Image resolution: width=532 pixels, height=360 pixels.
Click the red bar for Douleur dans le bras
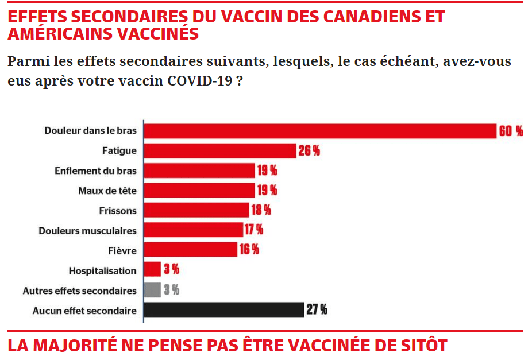coord(319,131)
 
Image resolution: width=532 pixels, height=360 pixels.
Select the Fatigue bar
coord(219,150)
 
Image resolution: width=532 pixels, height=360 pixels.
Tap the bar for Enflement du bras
coord(199,171)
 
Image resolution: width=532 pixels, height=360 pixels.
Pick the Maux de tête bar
coord(199,190)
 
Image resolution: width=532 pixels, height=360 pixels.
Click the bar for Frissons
coord(196,210)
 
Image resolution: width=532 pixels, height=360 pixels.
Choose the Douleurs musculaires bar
coord(193,230)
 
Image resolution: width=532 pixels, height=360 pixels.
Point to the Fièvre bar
coord(190,250)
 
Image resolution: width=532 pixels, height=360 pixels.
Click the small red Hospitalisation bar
coord(152,270)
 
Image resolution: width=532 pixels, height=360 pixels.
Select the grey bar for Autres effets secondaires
coord(152,290)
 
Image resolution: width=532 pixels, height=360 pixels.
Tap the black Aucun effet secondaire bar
coord(223,310)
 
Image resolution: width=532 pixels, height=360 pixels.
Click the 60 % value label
coord(511,131)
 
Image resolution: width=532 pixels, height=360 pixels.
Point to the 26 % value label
coord(309,151)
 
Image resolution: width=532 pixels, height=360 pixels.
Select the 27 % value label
coord(317,310)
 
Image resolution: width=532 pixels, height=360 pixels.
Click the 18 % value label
coord(261,210)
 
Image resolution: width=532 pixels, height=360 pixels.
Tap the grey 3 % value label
coord(171,290)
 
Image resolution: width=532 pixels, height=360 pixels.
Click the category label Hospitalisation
coord(102,270)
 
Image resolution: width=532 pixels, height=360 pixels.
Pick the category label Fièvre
coord(122,250)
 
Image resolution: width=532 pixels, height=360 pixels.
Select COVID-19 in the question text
coord(200,80)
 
